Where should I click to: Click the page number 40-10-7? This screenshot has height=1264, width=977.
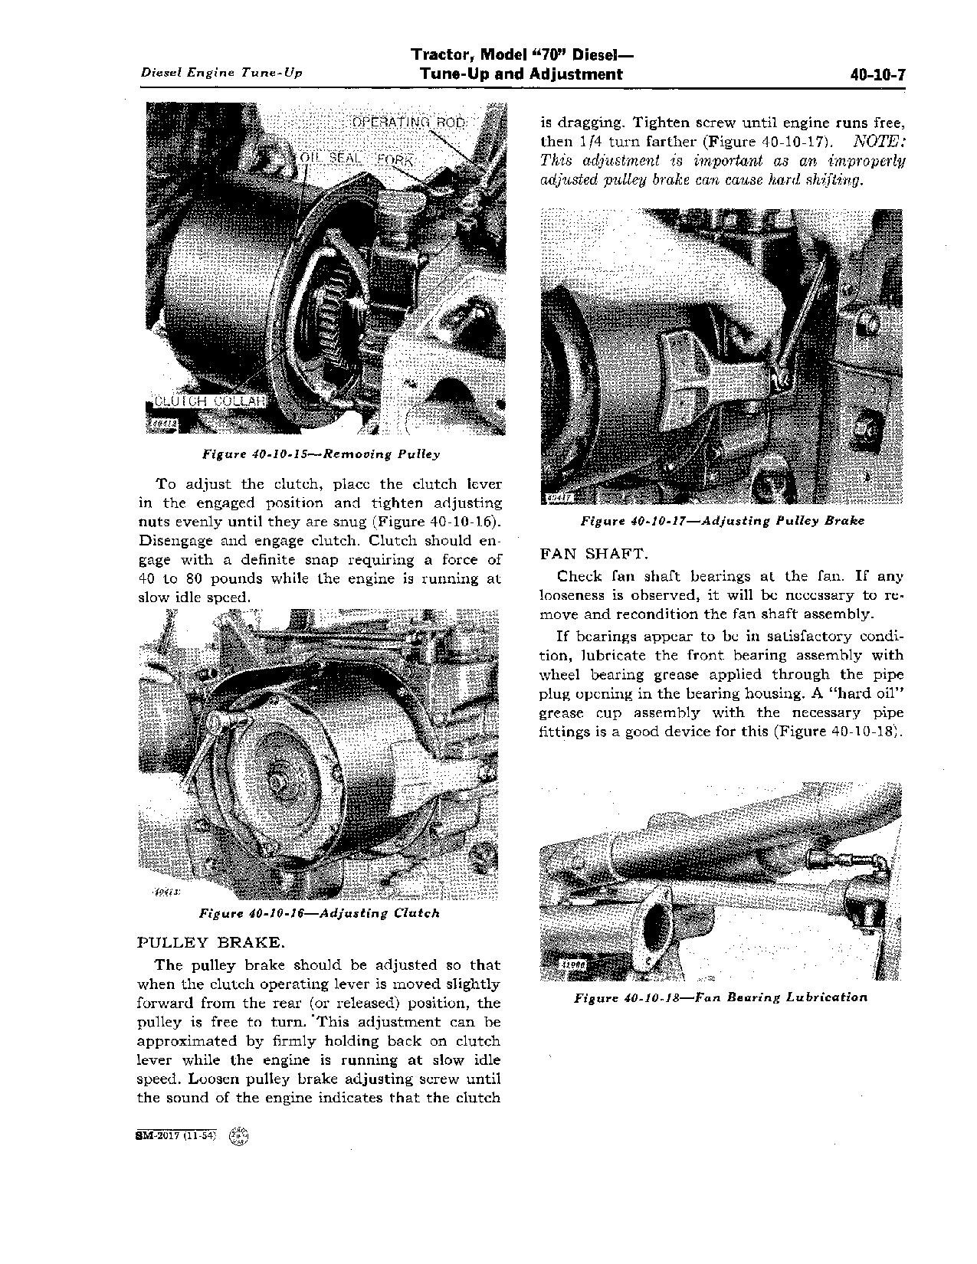pos(878,75)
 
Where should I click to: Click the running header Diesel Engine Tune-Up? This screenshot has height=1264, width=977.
pos(221,73)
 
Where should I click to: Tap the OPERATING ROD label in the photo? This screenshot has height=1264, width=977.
pos(408,123)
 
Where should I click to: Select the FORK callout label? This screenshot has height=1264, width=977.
pos(395,160)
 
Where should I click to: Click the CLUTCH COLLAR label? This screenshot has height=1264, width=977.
pos(209,402)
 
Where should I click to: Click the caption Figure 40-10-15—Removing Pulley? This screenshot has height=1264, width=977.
pos(321,454)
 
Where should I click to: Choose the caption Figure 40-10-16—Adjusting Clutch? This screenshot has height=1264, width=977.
pos(320,913)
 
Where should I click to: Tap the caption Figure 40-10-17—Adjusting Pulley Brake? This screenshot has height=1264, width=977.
pos(722,521)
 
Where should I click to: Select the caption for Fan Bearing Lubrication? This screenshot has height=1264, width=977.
pos(721,997)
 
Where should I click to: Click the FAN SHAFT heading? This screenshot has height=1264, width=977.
pos(595,553)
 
